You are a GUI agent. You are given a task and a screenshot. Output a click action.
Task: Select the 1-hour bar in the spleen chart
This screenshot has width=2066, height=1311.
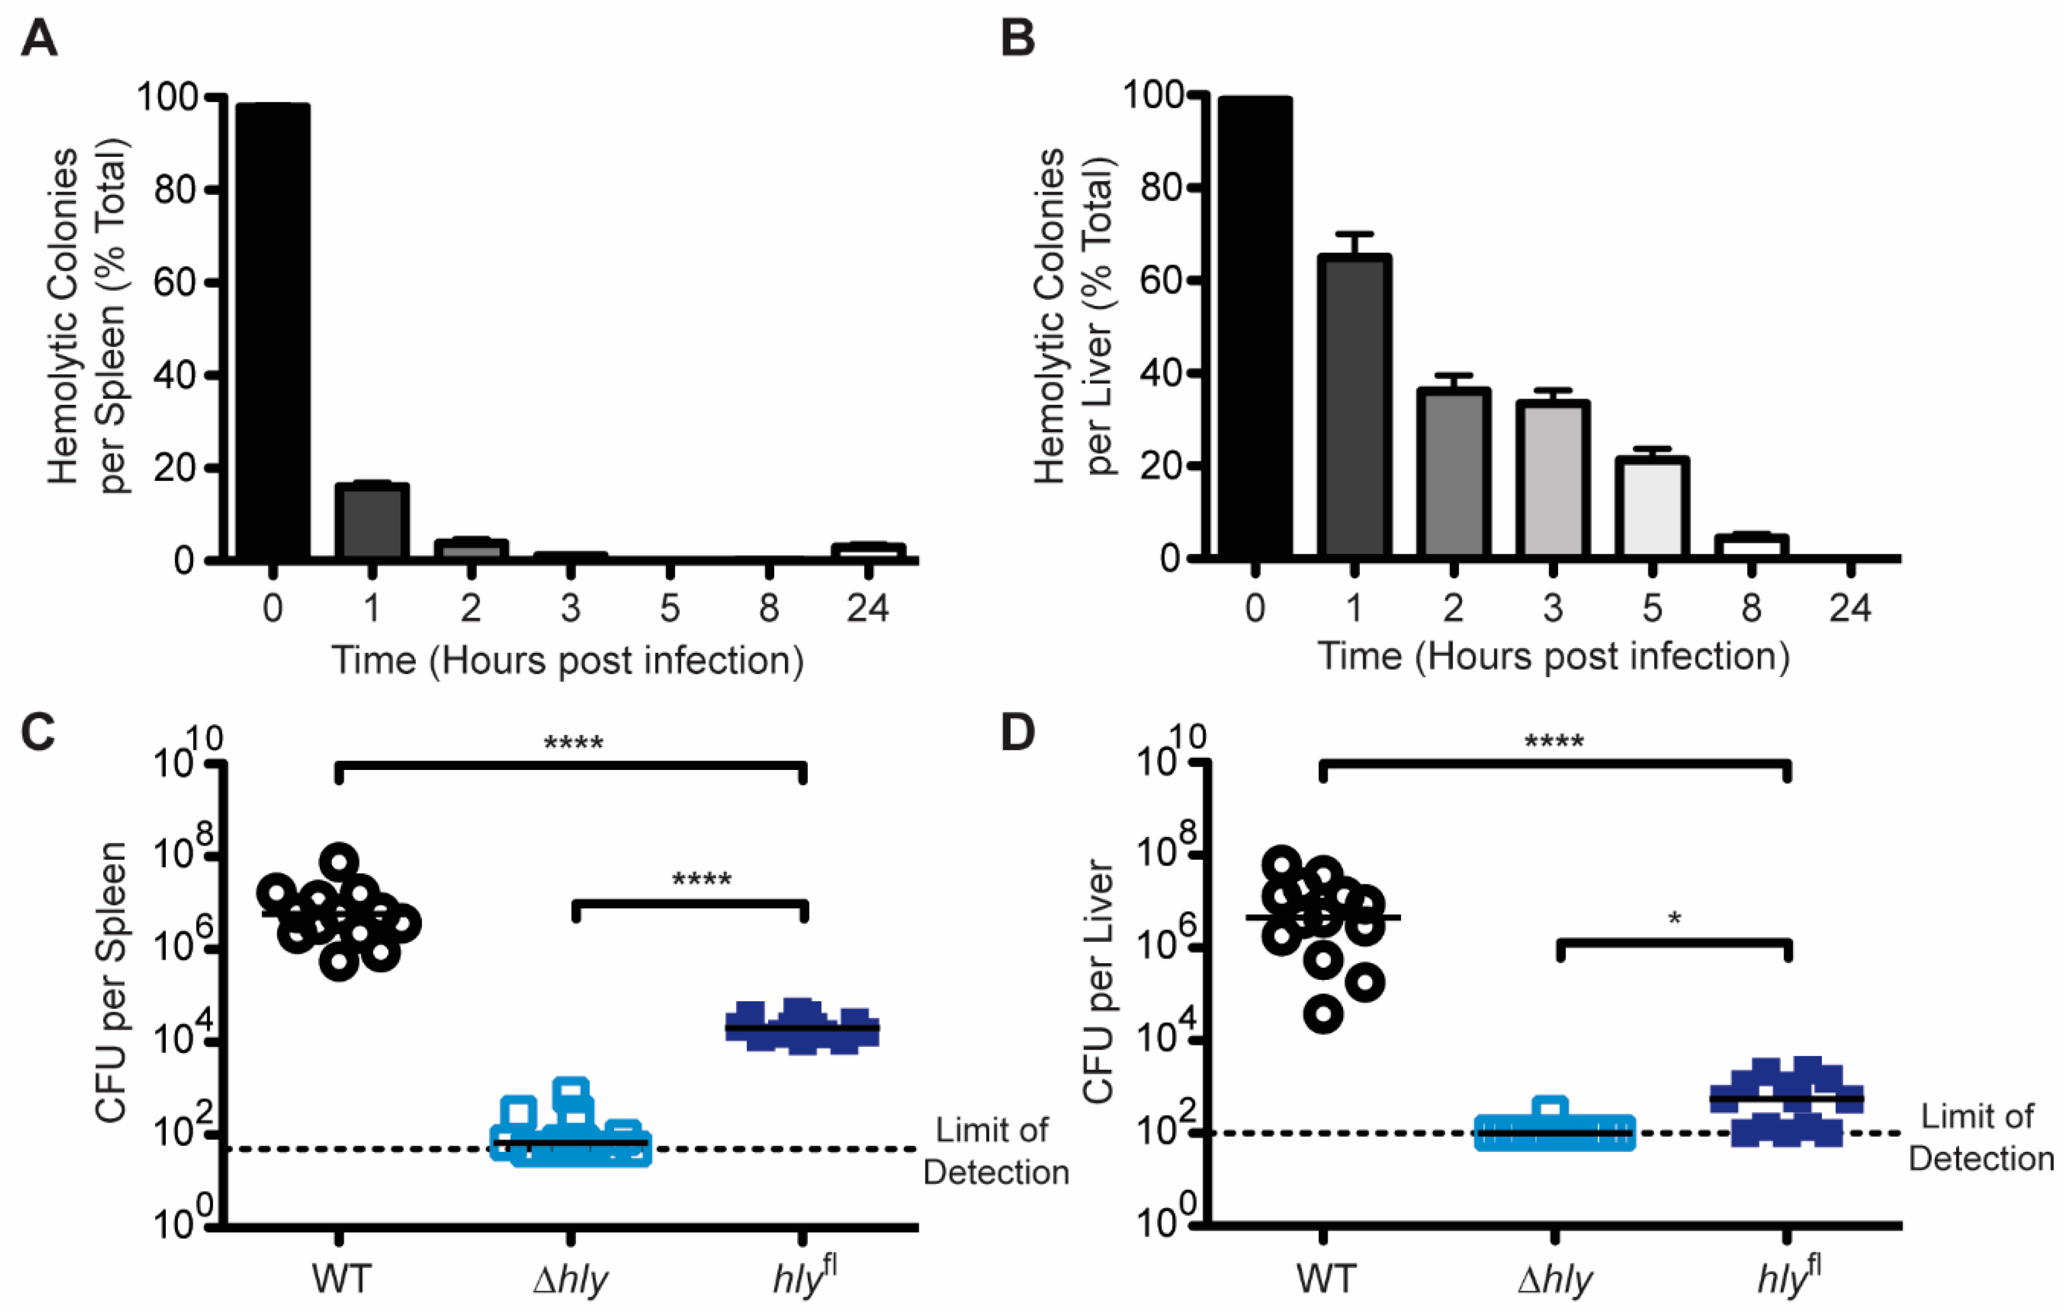372,521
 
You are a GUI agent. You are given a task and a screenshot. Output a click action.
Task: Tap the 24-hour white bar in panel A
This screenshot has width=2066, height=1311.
867,552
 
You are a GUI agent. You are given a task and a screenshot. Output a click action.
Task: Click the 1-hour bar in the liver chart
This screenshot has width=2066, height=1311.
1354,408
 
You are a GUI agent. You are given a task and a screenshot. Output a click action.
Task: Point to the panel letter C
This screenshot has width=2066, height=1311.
39,734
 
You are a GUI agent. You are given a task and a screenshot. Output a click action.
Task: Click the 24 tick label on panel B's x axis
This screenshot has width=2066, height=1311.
1850,607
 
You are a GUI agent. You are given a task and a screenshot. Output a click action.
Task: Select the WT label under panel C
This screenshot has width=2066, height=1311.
341,1279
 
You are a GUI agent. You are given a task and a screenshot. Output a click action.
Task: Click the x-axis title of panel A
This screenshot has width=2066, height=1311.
567,661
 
